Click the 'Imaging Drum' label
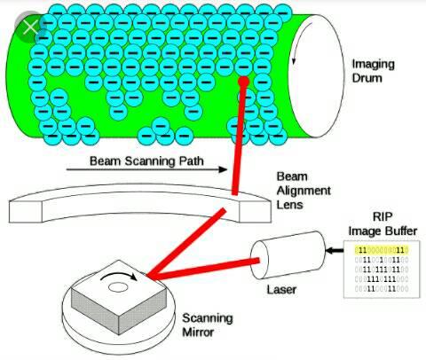click(373, 71)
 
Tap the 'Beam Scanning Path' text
click(146, 161)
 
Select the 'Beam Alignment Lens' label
click(304, 191)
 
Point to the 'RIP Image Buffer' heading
click(383, 223)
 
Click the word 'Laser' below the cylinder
click(281, 290)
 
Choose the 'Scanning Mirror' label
click(208, 325)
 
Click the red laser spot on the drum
click(243, 82)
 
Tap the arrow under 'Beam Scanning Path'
click(146, 169)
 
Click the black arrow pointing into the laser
click(335, 251)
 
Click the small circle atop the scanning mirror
click(118, 286)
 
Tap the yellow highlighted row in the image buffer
click(382, 250)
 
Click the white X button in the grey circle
click(31, 27)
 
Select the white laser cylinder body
click(288, 254)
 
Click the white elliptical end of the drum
click(318, 75)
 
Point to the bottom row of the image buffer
click(382, 289)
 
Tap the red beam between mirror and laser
click(204, 269)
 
